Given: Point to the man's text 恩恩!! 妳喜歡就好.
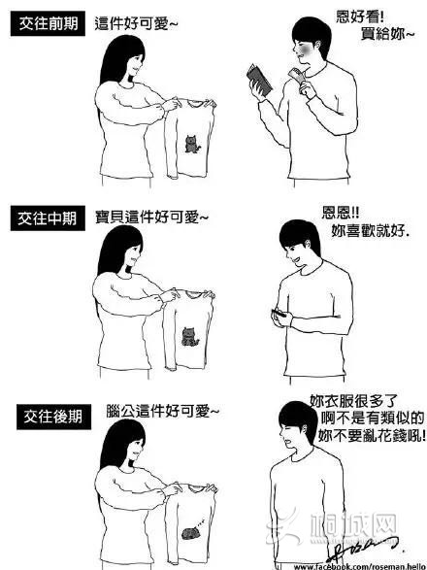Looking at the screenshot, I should click(x=363, y=222).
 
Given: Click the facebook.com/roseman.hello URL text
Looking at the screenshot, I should click(x=359, y=564).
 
